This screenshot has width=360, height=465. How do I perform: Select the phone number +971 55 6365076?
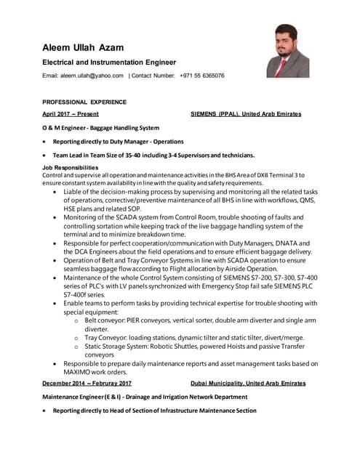(x=201, y=76)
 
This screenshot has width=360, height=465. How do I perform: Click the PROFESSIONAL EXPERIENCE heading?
(x=84, y=102)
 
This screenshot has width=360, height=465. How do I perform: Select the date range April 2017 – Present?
(x=71, y=114)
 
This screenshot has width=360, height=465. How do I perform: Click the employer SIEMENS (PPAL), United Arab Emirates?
(x=246, y=114)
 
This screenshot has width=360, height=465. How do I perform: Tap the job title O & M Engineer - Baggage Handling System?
(x=100, y=128)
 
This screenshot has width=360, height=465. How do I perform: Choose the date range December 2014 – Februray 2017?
(x=87, y=383)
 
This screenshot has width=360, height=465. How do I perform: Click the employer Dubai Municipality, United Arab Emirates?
(x=248, y=383)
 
